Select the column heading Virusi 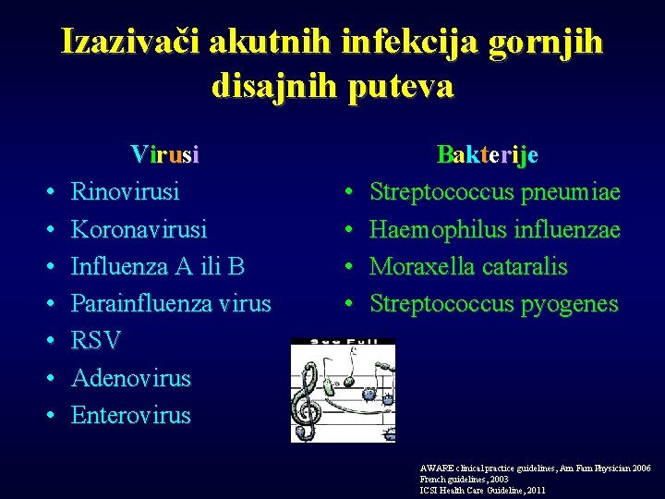click(165, 154)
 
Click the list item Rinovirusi click(126, 192)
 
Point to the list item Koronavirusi click(139, 229)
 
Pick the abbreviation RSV click(96, 341)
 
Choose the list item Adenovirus click(131, 378)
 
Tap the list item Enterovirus click(131, 415)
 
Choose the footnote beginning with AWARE click(535, 469)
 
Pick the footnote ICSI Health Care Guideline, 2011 click(483, 491)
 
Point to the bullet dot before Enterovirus click(49, 416)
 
